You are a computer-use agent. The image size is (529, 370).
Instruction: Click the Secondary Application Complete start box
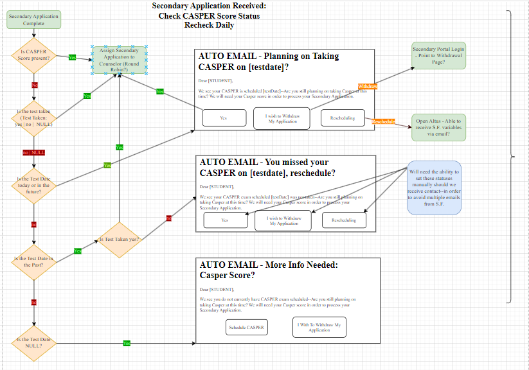tap(34, 20)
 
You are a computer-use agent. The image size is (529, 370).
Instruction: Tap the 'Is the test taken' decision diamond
tap(34, 118)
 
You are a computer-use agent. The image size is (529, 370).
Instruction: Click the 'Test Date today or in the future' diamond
tap(34, 185)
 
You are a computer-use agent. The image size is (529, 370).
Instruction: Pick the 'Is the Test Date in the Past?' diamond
tap(34, 261)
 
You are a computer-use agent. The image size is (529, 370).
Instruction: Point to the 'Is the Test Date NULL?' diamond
tap(34, 343)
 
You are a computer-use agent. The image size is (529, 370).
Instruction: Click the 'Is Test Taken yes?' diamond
tap(118, 240)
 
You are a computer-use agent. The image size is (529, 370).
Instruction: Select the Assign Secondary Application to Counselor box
tap(119, 60)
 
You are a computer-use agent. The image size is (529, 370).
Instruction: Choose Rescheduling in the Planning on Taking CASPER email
tap(343, 118)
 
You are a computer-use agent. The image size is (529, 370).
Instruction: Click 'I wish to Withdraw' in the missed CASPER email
tap(283, 220)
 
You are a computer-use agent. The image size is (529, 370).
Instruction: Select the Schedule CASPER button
tap(247, 327)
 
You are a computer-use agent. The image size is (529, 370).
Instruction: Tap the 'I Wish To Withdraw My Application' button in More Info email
tap(319, 327)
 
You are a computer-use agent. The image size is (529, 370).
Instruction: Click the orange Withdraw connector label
tap(368, 86)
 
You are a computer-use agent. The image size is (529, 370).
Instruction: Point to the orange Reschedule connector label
tap(383, 121)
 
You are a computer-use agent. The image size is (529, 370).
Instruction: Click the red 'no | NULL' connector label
tap(34, 152)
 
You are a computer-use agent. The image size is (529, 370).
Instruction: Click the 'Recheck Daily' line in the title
tap(209, 25)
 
